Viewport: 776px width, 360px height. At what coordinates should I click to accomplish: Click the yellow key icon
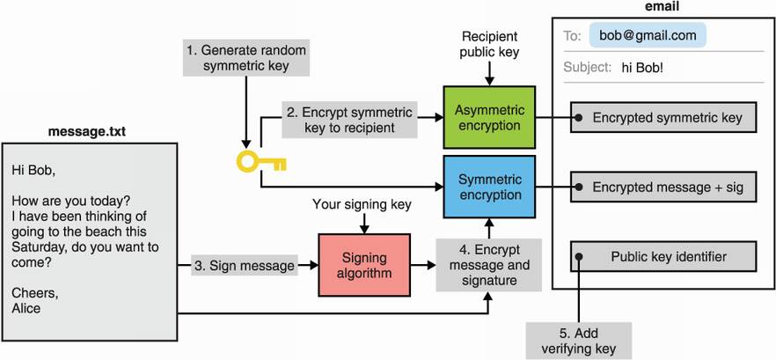pos(260,161)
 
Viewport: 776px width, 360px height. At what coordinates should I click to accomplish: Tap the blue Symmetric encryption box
pos(489,187)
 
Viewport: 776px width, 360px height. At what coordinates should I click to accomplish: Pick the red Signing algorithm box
pos(364,264)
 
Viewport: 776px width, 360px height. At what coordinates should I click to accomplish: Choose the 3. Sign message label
pos(242,264)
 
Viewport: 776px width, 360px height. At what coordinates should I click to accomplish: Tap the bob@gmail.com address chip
pos(648,36)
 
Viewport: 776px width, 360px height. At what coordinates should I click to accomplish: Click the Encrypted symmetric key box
pos(663,117)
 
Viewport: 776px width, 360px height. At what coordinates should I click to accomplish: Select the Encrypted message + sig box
pos(663,187)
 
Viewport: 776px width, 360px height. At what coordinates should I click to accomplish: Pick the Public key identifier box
pos(663,256)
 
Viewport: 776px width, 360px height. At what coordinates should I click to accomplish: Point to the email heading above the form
pos(662,7)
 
